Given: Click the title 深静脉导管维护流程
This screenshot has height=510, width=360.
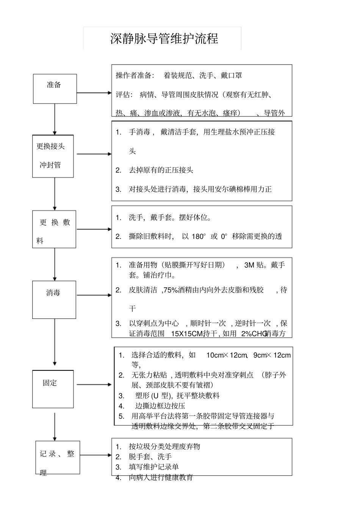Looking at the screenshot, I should (164, 39).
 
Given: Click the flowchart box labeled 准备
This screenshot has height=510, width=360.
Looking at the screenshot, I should (55, 89).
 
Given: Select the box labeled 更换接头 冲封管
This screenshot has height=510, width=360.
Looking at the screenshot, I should (53, 156).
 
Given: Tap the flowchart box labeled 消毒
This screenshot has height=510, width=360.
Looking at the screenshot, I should (54, 299).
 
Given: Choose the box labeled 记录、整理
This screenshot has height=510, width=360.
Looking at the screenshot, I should (58, 457).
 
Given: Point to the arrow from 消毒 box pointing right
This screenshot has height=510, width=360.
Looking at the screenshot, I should (94, 295).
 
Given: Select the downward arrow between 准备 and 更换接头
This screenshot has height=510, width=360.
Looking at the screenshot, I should (55, 119).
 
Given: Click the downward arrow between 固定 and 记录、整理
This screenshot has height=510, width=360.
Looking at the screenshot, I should (55, 427).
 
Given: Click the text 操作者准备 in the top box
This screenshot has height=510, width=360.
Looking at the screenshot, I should (135, 75).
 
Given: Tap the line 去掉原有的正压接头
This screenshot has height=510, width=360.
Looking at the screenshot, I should (161, 170).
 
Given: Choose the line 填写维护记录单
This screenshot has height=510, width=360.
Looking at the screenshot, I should (153, 467).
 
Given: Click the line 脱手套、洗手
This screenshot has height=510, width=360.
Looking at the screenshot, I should (150, 457).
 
